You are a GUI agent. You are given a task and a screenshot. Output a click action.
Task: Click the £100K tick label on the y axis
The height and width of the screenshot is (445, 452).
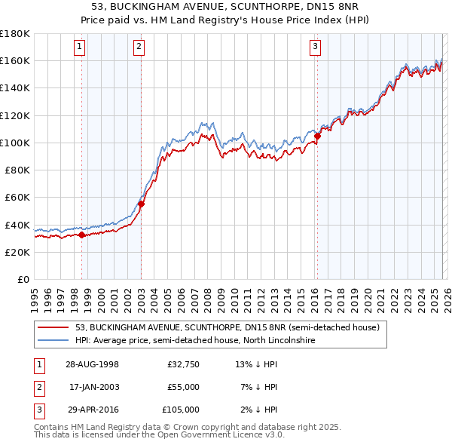(x=15, y=143)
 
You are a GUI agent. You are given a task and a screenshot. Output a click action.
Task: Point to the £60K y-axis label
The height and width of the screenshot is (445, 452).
(x=17, y=198)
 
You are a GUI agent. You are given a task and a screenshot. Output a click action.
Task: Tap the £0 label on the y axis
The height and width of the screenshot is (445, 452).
(x=23, y=280)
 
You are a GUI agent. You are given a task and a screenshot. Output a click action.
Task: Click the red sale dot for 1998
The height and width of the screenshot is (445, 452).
(x=82, y=235)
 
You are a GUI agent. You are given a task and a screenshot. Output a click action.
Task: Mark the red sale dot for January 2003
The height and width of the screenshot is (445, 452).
(x=141, y=204)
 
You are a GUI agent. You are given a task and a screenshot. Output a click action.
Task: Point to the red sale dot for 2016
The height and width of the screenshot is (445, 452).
(x=317, y=136)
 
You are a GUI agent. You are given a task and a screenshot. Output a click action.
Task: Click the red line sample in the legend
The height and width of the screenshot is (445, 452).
(x=53, y=327)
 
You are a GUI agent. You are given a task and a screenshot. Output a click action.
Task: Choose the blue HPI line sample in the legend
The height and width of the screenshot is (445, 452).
(x=53, y=340)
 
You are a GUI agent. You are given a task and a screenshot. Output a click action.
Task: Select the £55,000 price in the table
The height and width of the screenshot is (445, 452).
(x=182, y=387)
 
